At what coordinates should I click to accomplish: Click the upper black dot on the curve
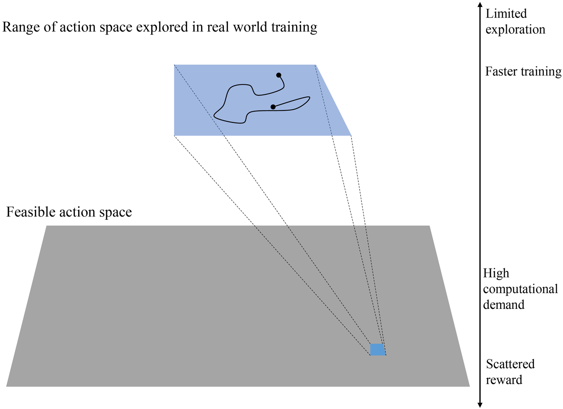pos(278,75)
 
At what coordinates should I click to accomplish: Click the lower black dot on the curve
pos(273,107)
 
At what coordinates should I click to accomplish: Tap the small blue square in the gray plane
pos(377,349)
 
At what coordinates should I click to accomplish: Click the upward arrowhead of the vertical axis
pos(480,5)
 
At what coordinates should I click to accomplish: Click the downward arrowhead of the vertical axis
pos(480,405)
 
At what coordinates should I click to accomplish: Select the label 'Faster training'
pos(523,72)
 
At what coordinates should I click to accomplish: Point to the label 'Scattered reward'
pos(510,372)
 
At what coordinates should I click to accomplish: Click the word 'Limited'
pos(506,14)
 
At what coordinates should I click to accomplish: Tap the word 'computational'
pos(520,289)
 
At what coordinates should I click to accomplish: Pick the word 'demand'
pos(503,305)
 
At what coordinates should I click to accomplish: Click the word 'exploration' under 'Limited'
pos(515,30)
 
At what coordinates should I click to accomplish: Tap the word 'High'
pos(496,273)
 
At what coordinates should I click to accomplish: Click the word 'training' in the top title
pos(294,28)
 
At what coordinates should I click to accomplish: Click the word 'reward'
pos(504,380)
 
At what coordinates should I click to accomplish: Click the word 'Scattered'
pos(510,364)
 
